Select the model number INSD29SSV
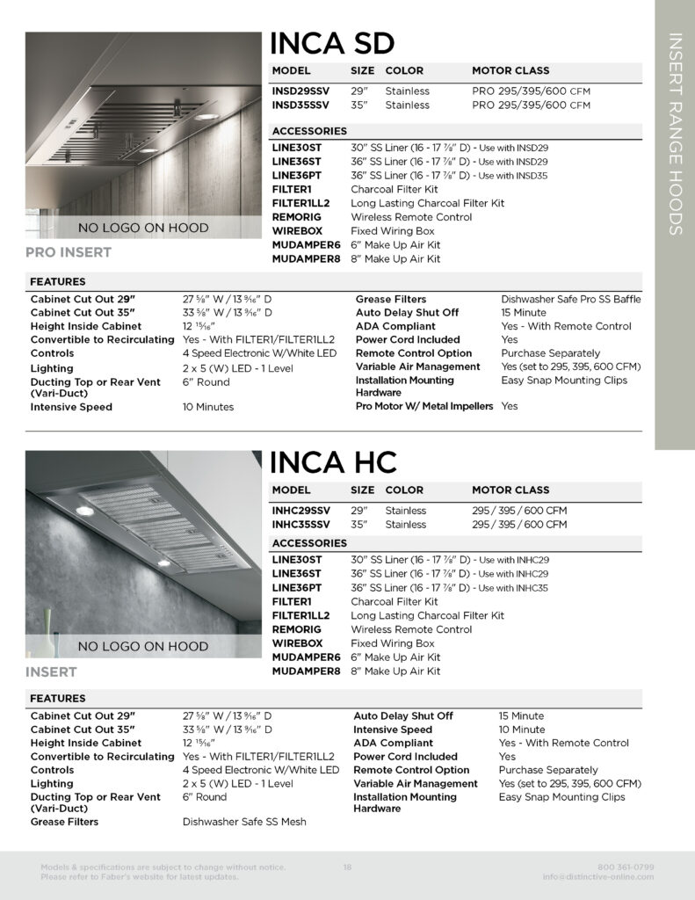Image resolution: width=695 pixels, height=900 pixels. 300,91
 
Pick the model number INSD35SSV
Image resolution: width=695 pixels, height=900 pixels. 300,105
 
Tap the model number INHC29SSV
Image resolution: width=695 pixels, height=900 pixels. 301,511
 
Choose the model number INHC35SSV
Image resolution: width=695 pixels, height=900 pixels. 301,525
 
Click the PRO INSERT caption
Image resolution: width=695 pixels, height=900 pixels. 69,253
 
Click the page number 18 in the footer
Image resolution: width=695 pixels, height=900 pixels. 347,867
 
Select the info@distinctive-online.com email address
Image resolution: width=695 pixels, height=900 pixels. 598,877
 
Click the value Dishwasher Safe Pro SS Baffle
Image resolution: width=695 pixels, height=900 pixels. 570,300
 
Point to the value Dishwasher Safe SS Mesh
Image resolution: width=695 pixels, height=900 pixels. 244,823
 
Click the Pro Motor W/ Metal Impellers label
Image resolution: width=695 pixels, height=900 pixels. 424,407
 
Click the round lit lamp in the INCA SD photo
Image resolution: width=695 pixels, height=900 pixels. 206,116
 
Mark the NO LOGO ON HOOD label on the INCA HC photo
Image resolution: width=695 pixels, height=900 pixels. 143,647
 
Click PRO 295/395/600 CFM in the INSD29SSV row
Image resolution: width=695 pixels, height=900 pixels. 531,91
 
